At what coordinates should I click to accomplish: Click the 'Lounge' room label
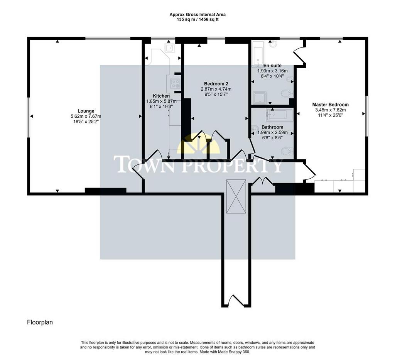click(86, 111)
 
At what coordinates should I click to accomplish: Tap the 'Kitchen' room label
click(161, 96)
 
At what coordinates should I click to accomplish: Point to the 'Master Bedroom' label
click(330, 105)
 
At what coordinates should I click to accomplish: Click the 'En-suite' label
click(272, 66)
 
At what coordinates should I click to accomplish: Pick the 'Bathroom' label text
click(272, 127)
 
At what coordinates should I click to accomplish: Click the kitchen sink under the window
click(169, 48)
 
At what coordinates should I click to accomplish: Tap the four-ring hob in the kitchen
click(175, 83)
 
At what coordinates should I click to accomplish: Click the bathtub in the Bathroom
click(279, 114)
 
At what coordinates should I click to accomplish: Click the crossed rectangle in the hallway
click(236, 196)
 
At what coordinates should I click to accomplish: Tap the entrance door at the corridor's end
click(236, 301)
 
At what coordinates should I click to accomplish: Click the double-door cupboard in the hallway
click(263, 181)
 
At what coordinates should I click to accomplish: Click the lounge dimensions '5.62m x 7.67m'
click(86, 116)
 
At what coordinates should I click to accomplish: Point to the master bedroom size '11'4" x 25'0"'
click(330, 115)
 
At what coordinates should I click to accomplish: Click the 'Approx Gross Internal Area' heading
click(197, 15)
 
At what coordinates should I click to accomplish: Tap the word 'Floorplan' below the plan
click(40, 322)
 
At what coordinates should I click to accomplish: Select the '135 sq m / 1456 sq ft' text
click(197, 20)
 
